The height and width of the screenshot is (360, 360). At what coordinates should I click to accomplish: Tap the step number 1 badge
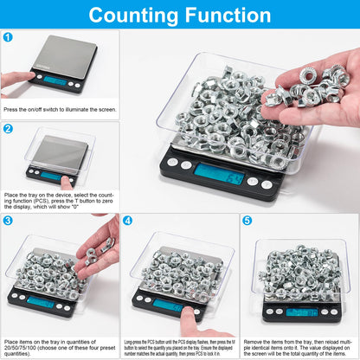pos(8,37)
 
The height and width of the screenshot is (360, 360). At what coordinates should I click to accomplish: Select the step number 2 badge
pos(8,129)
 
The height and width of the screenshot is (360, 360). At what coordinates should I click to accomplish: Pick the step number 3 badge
pos(8,221)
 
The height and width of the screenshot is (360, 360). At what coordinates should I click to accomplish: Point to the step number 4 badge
pos(127,221)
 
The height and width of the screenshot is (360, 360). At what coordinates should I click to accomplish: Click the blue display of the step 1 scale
pos(55,80)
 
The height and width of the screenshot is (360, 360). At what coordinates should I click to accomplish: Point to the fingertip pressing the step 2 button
pos(66,182)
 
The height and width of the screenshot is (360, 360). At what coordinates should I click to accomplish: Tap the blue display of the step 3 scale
pos(41,300)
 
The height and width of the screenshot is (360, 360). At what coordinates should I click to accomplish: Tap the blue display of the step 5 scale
pos(302,311)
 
